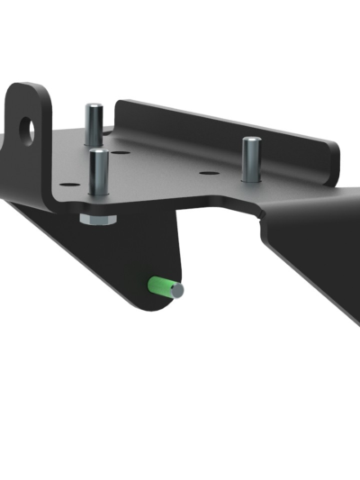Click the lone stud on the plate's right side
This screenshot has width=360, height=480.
click(251, 157)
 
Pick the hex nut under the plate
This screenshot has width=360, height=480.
click(96, 219)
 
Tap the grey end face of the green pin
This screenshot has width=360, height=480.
click(178, 290)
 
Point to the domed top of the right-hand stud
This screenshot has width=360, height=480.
click(251, 140)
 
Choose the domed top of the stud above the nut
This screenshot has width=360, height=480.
click(98, 153)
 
